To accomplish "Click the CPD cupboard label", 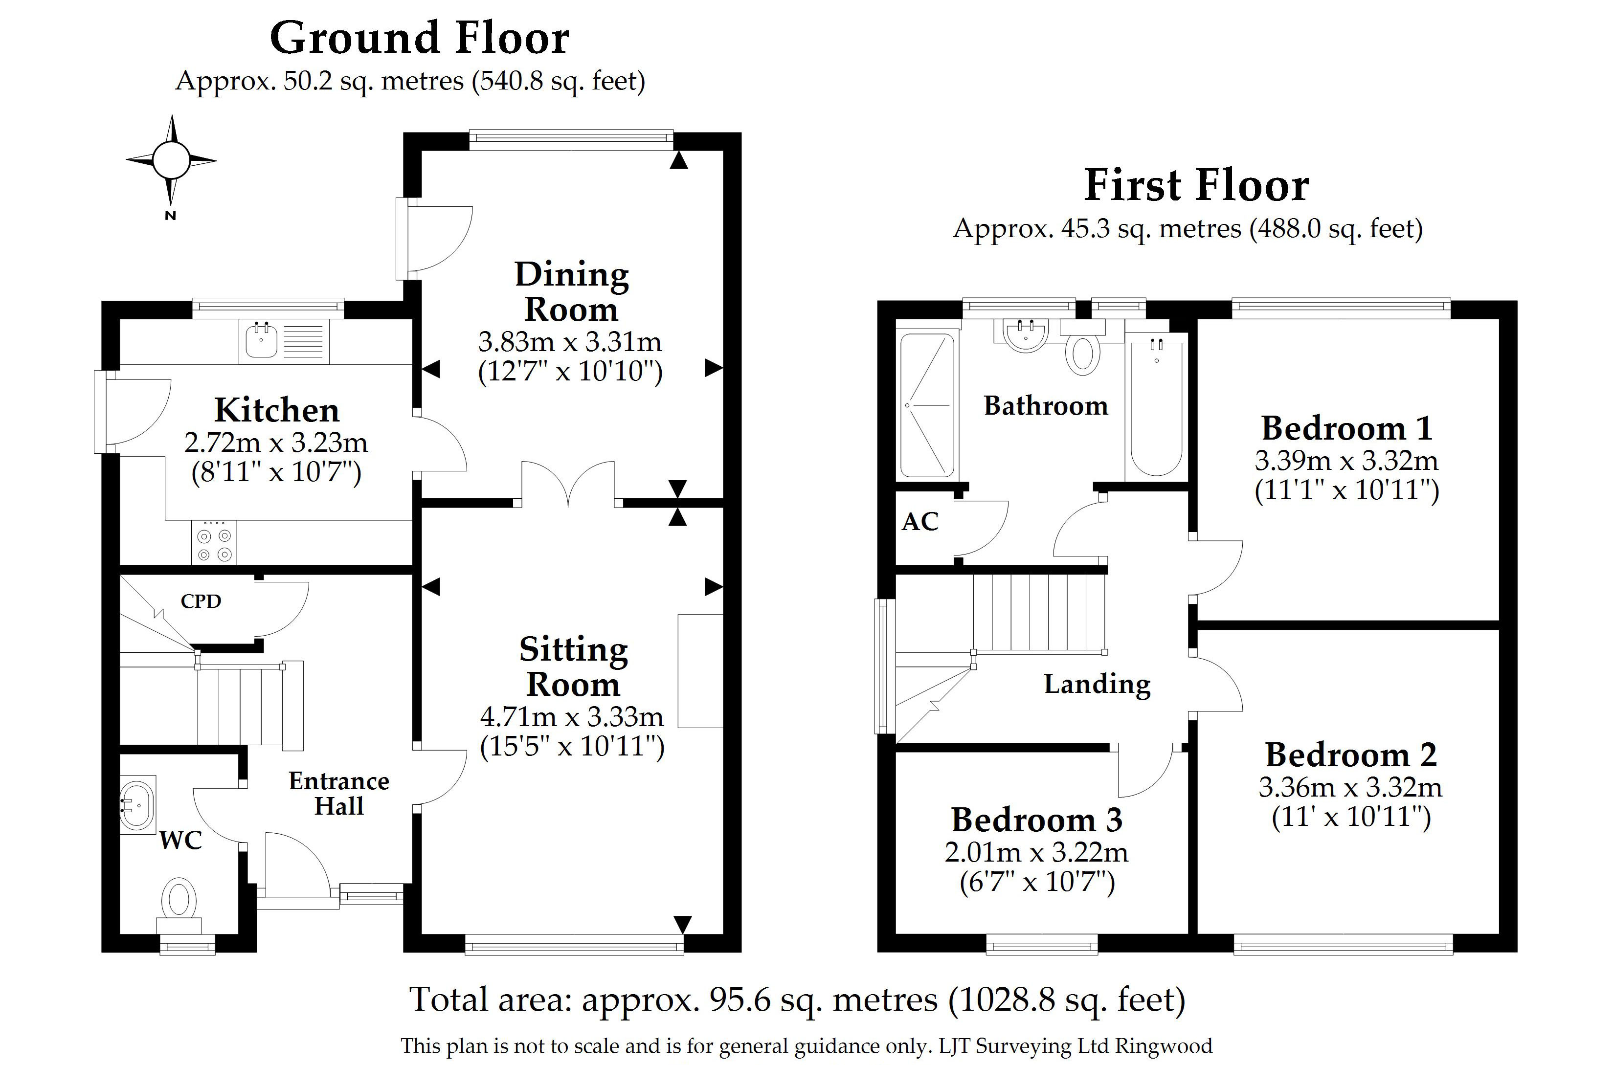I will click(201, 601).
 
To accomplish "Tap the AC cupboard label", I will click(920, 522).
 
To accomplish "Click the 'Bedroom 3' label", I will click(1036, 820).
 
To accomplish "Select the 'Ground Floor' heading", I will click(419, 38).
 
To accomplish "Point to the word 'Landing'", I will click(1097, 684).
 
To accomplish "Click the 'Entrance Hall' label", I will click(339, 793).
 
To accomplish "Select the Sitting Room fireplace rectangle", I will click(700, 671).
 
